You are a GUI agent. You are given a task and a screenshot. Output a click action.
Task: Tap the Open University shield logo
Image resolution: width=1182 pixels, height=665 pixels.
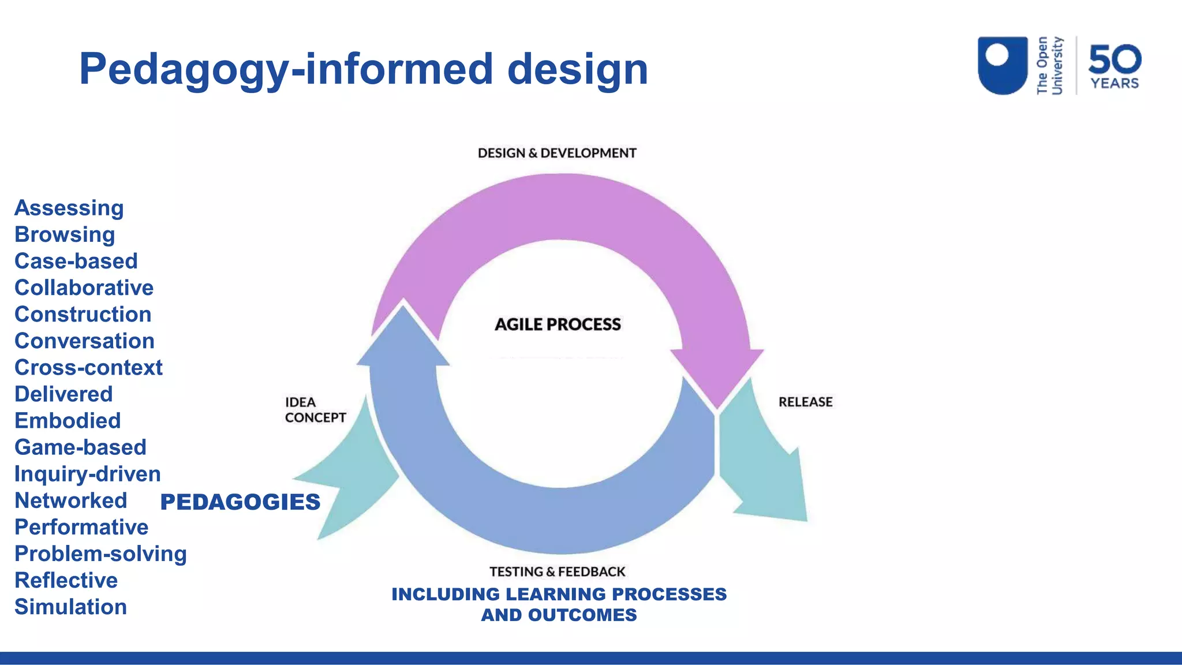(1002, 65)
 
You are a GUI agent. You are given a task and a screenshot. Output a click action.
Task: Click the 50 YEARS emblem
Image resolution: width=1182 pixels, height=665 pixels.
(1114, 66)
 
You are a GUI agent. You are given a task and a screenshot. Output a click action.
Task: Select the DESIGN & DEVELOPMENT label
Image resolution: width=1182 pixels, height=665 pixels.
(556, 153)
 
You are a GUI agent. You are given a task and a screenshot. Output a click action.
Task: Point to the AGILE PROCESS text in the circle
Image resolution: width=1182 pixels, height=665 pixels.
(558, 324)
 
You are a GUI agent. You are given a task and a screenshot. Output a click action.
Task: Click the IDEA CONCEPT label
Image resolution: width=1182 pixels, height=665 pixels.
(315, 410)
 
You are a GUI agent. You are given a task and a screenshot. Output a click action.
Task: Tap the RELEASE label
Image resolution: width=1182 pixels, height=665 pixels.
(805, 402)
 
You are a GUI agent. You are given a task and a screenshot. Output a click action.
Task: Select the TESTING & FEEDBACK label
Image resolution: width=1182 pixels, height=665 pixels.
(557, 571)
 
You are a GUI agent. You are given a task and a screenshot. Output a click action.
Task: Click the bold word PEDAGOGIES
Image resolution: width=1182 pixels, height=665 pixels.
(240, 502)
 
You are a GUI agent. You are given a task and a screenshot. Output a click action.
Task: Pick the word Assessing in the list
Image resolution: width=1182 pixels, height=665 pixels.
(69, 208)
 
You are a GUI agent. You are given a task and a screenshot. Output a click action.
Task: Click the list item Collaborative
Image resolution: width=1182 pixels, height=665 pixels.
(84, 287)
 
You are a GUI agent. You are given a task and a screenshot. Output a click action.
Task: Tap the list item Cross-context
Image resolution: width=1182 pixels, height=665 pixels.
(88, 367)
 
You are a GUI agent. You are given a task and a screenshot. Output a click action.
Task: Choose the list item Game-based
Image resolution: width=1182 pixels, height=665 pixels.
(80, 447)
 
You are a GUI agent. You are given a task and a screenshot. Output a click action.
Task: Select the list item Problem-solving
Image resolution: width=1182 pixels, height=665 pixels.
(100, 554)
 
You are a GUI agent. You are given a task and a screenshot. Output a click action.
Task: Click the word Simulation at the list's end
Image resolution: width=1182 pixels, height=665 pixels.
(70, 607)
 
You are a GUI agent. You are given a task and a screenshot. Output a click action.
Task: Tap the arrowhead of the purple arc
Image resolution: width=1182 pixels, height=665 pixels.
(717, 375)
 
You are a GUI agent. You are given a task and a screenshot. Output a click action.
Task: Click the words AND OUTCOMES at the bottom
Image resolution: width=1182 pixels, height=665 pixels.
(559, 615)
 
